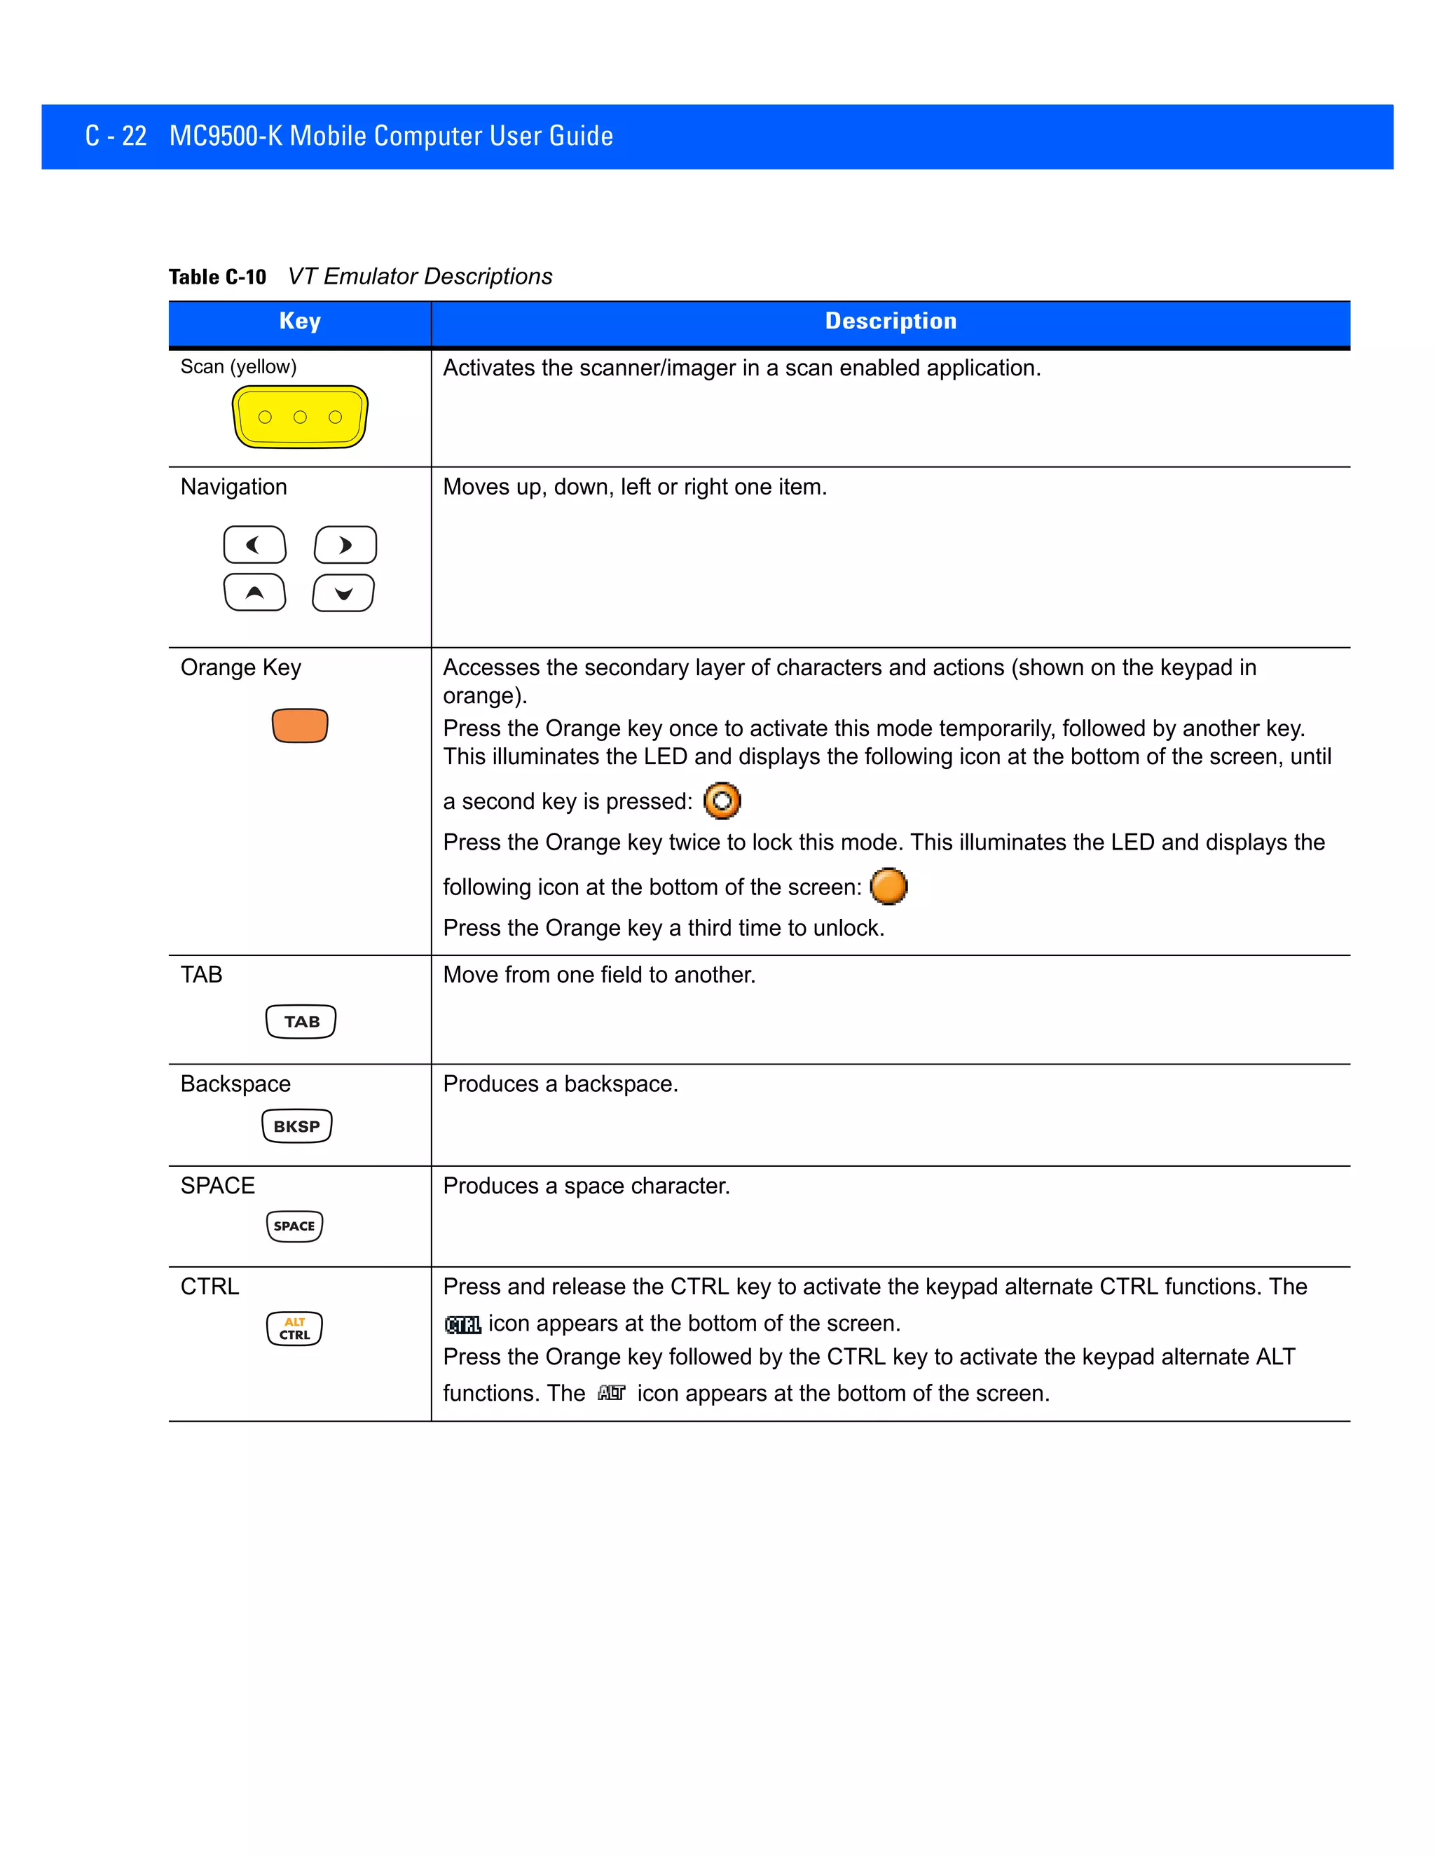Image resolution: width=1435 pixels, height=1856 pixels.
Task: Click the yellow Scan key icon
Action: (x=300, y=417)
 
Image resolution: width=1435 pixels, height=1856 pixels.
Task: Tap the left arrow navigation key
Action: (x=255, y=545)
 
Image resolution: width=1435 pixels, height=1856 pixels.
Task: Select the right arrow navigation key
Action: (x=345, y=545)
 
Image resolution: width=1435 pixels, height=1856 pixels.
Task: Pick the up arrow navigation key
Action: (x=255, y=593)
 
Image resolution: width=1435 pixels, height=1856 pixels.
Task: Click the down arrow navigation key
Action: (x=343, y=593)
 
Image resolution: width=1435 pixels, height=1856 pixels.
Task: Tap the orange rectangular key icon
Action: (x=300, y=726)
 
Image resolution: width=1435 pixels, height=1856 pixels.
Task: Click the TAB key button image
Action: (x=301, y=1021)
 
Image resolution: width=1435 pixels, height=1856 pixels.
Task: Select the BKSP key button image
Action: (x=296, y=1126)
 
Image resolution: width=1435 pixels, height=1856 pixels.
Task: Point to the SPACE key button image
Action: (x=295, y=1226)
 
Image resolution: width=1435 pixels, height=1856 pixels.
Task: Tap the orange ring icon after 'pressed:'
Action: (x=722, y=801)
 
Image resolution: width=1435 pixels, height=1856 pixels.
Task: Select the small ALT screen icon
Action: (x=611, y=1393)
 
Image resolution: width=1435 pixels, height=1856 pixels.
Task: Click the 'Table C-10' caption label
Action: (x=218, y=277)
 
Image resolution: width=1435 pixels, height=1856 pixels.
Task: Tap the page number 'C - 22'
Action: (x=116, y=136)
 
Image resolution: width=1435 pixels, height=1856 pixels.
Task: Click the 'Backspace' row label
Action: (x=235, y=1083)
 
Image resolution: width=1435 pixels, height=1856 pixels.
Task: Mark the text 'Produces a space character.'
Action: (x=586, y=1186)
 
